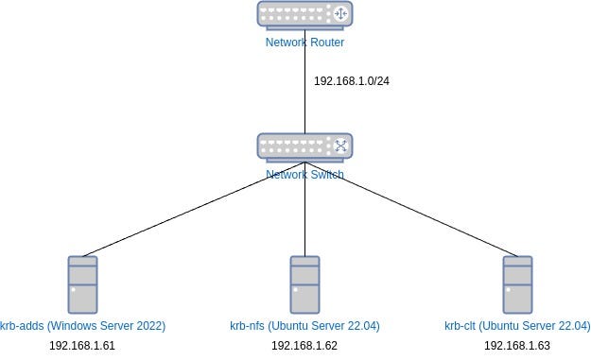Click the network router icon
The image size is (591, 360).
pyautogui.click(x=304, y=14)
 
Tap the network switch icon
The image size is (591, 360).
pyautogui.click(x=304, y=146)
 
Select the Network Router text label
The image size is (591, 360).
pyautogui.click(x=304, y=43)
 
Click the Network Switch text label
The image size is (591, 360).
pyautogui.click(x=304, y=175)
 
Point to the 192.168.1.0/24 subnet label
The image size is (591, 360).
pyautogui.click(x=352, y=80)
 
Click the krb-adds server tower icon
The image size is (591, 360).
pyautogui.click(x=83, y=283)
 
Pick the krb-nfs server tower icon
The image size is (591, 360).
pyautogui.click(x=304, y=283)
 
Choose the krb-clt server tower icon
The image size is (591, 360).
pyautogui.click(x=517, y=283)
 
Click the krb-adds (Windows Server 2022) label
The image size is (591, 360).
pyautogui.click(x=84, y=326)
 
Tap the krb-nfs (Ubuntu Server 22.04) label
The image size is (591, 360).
pyautogui.click(x=304, y=326)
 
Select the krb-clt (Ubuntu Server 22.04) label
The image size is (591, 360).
pyautogui.click(x=517, y=326)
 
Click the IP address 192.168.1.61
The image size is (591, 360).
pyautogui.click(x=82, y=346)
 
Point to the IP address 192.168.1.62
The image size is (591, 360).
pyautogui.click(x=304, y=346)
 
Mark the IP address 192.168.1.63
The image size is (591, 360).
pyautogui.click(x=517, y=346)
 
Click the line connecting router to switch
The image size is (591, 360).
pyautogui.click(x=304, y=94)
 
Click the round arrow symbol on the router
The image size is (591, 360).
pyautogui.click(x=340, y=14)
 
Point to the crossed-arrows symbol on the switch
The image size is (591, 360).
pyautogui.click(x=340, y=146)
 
